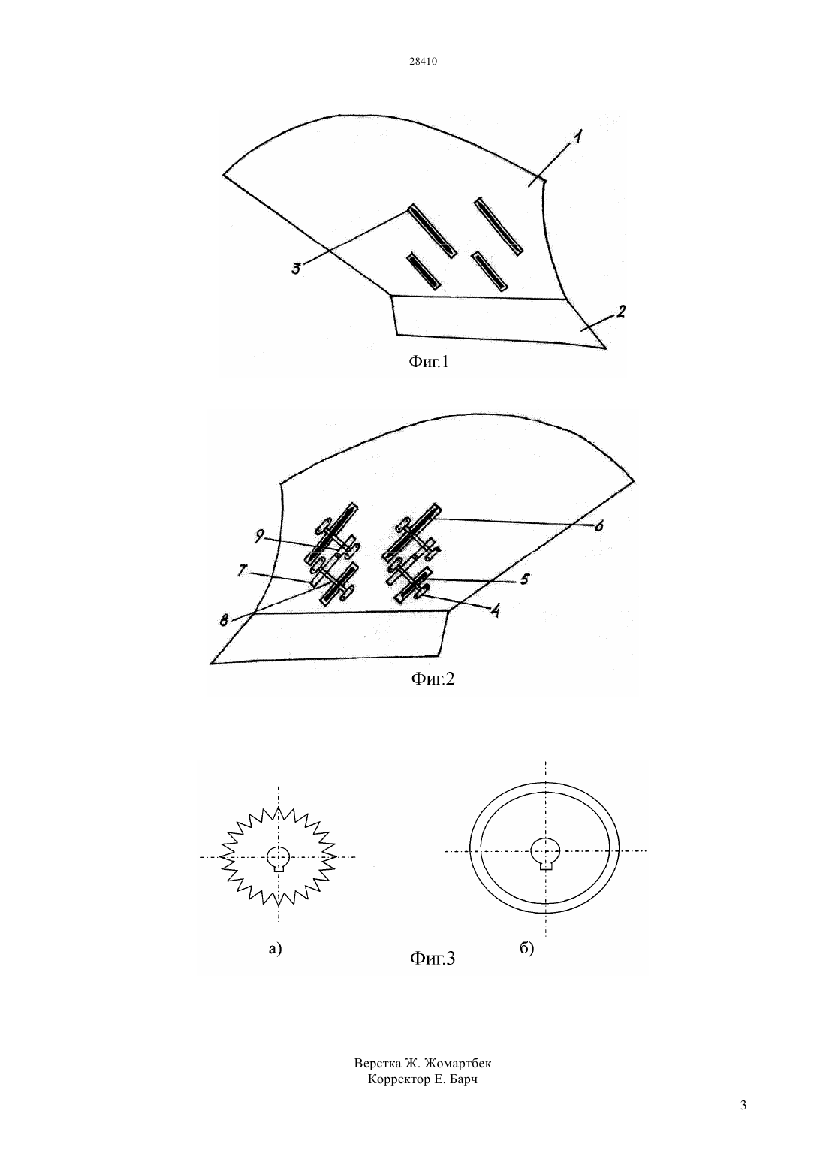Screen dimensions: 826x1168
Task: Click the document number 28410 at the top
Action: (423, 62)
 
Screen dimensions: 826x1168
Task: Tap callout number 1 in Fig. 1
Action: (579, 139)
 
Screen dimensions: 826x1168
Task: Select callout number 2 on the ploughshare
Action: (620, 312)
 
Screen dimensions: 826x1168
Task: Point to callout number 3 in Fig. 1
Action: (296, 269)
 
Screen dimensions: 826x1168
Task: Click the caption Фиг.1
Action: (428, 361)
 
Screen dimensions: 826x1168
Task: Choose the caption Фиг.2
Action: (433, 679)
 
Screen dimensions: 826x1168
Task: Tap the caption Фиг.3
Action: (433, 958)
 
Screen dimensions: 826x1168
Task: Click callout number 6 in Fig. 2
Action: (598, 527)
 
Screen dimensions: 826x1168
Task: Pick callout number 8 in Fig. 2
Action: (225, 621)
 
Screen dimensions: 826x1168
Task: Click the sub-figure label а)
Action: (275, 949)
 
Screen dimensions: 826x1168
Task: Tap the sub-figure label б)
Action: (526, 948)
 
